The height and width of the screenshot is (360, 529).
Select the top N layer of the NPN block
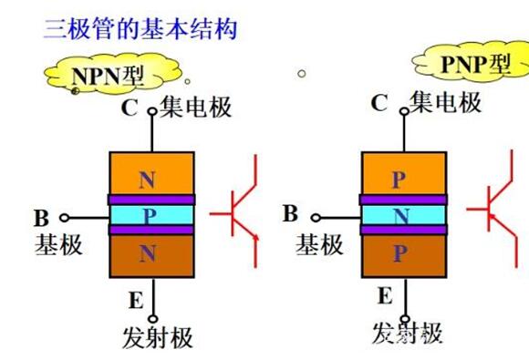coord(150,174)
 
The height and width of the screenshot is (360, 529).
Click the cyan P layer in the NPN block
coord(150,214)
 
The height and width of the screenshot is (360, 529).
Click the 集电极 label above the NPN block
coord(195,108)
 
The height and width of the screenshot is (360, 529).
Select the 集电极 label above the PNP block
coord(446,103)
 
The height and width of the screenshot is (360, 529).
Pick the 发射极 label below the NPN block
coord(158,337)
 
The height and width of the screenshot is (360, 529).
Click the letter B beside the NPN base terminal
coord(41,219)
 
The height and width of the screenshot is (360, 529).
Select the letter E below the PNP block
coord(385,295)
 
